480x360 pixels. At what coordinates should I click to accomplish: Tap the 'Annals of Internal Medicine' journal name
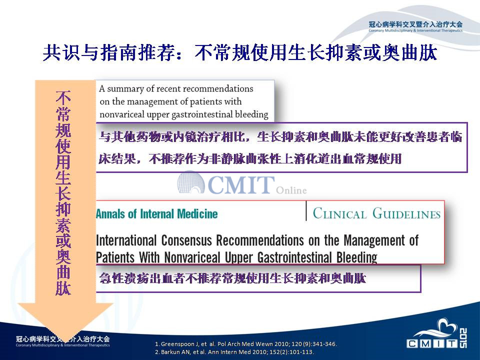[156, 213]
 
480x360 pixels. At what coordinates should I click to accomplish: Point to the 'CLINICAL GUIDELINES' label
[376, 213]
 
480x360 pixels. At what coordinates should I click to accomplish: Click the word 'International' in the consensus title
[126, 240]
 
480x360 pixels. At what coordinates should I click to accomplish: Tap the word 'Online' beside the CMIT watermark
[291, 190]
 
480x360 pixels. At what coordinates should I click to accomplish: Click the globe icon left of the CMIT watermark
[191, 182]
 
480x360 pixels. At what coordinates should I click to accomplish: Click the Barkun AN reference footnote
[234, 352]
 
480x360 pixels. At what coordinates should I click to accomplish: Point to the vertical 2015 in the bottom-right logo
[463, 337]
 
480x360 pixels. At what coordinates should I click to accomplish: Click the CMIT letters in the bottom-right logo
[432, 344]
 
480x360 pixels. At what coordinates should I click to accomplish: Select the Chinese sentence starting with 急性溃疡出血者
[232, 278]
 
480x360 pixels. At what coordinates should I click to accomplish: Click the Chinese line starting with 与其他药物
[280, 137]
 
